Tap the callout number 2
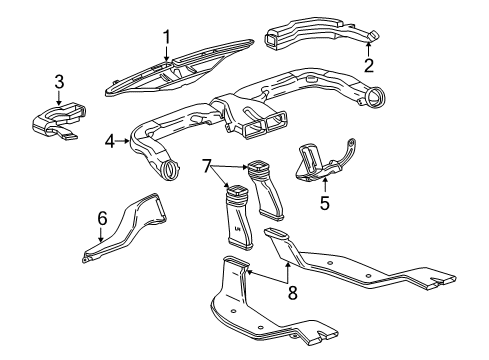click(x=368, y=66)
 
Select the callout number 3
click(x=60, y=81)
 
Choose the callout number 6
click(x=101, y=215)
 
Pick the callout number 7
click(x=208, y=164)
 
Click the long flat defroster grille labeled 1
click(x=180, y=66)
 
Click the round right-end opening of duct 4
click(x=377, y=100)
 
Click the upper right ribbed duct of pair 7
click(x=267, y=196)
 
